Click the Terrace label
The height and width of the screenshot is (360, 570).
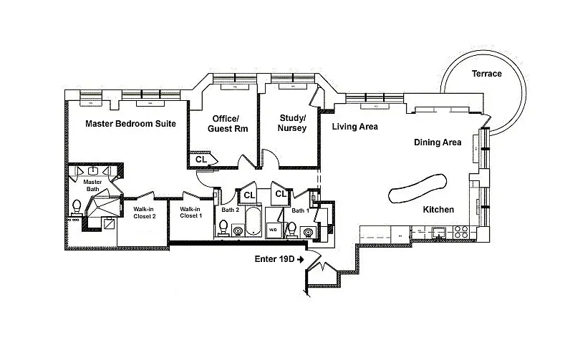(487, 74)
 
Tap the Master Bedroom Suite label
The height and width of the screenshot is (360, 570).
(131, 124)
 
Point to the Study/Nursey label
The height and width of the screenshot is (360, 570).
(291, 122)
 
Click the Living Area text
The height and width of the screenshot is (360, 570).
(355, 127)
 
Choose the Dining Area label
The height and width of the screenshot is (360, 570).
(438, 142)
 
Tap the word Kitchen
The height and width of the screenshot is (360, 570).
(438, 210)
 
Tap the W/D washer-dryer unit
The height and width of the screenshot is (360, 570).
(273, 229)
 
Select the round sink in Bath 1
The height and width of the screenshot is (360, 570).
(308, 231)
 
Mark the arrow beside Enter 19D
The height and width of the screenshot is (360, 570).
(300, 258)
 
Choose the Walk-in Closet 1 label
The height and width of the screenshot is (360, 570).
(191, 212)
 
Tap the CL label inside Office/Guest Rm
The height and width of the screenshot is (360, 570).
(201, 160)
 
